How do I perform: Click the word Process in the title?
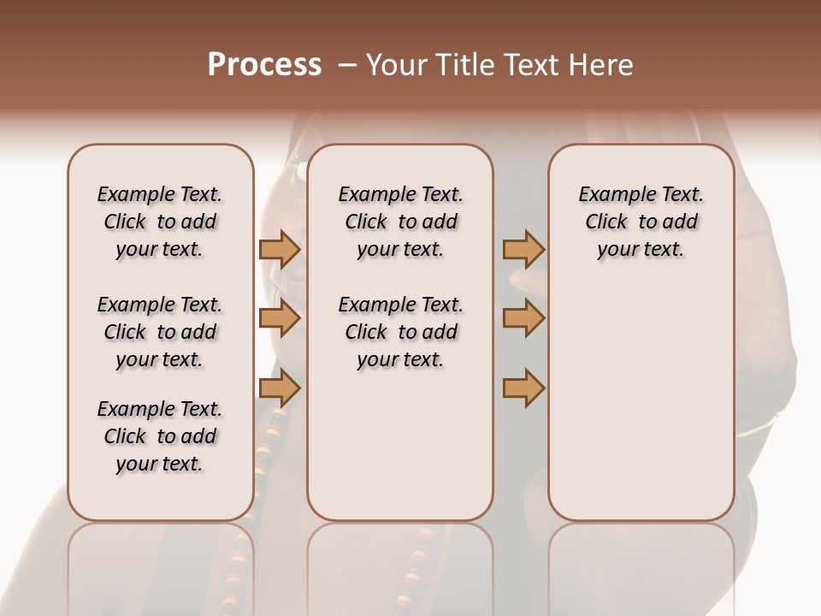click(264, 65)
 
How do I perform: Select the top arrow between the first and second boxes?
click(279, 249)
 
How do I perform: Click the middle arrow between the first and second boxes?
click(279, 318)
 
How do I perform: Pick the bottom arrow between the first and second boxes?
click(279, 388)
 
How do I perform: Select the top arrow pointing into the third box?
click(523, 249)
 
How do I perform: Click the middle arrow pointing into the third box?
click(523, 318)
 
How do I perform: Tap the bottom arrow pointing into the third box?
click(523, 388)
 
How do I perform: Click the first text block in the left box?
click(160, 222)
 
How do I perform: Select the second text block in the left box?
click(160, 332)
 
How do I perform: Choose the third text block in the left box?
click(160, 436)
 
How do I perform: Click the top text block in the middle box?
click(400, 222)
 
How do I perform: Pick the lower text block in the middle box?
click(400, 332)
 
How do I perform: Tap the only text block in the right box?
click(641, 222)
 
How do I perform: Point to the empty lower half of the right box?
click(641, 402)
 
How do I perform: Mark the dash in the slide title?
click(347, 65)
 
